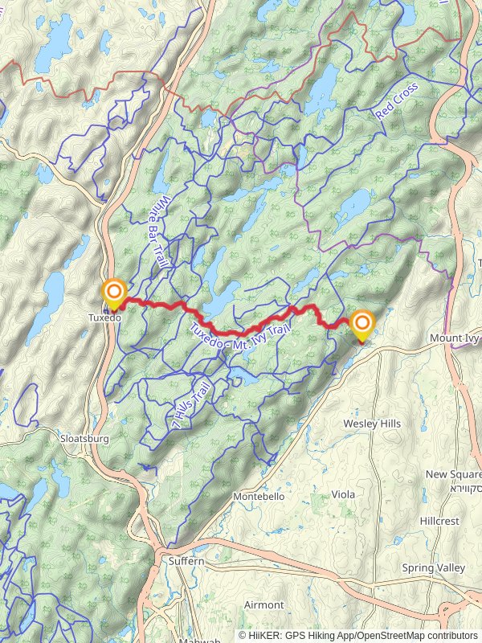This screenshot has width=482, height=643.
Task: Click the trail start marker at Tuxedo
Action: [114, 293]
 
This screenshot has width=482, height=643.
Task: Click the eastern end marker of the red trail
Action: [362, 326]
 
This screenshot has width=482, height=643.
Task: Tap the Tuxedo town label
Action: [104, 317]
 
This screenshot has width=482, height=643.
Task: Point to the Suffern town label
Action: [186, 561]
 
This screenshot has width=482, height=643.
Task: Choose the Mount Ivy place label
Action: [454, 338]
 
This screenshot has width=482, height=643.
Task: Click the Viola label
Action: [343, 494]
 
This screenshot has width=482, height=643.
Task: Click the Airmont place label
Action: [263, 604]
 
